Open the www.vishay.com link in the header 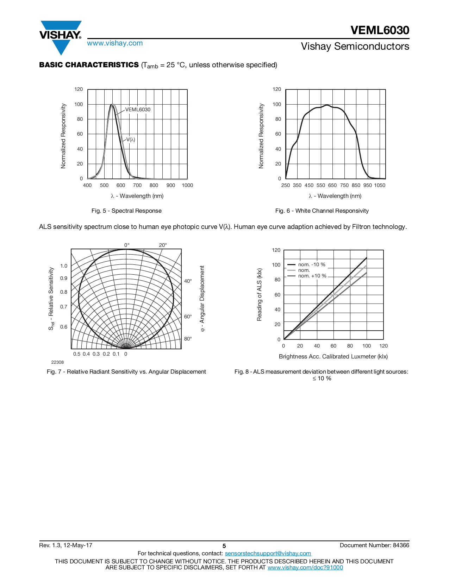[x=115, y=43]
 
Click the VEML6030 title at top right [x=380, y=30]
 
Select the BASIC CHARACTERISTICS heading [x=89, y=65]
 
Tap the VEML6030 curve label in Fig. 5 [x=138, y=110]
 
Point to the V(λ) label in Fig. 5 [x=131, y=139]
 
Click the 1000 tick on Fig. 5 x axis [x=187, y=185]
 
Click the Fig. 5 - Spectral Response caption [x=126, y=211]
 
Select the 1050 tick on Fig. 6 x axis [x=380, y=185]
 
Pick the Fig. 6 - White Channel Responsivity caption [x=322, y=211]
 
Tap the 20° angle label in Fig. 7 [x=163, y=245]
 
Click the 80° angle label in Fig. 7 [x=188, y=339]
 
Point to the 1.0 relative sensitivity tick [x=64, y=266]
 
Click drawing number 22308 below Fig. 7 [x=57, y=362]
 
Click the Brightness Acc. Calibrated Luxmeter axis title [x=333, y=356]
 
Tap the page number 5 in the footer [x=224, y=546]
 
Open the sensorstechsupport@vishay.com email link [x=268, y=553]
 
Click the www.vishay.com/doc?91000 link [x=305, y=567]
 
